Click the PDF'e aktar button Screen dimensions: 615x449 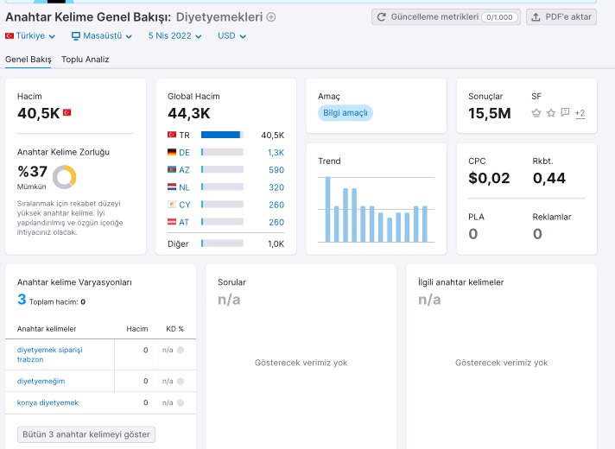(x=561, y=17)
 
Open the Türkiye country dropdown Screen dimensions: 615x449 (x=30, y=35)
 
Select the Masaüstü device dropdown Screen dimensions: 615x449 (x=102, y=35)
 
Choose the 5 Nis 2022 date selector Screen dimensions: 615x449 (x=175, y=35)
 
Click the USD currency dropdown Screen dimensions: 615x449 (x=231, y=35)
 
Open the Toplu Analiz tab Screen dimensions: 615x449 (x=86, y=60)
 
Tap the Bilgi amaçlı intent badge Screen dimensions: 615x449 (x=346, y=113)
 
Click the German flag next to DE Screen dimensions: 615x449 (x=172, y=152)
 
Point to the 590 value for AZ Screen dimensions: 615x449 (x=276, y=170)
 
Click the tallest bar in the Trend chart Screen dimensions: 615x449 (x=327, y=210)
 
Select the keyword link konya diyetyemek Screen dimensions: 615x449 (x=48, y=402)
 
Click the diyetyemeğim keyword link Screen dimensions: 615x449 (x=41, y=381)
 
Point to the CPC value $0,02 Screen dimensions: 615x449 (x=489, y=178)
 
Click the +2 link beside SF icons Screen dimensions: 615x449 (x=580, y=113)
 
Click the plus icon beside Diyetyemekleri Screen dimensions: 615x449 (x=271, y=17)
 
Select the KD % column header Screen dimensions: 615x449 (x=175, y=329)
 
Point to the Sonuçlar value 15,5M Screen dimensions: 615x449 (x=490, y=113)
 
